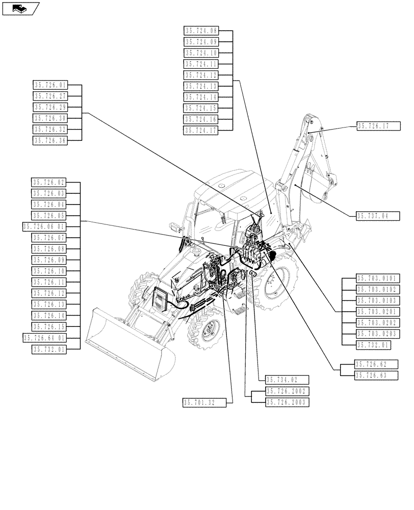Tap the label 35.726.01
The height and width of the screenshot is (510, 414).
[x=50, y=85]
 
